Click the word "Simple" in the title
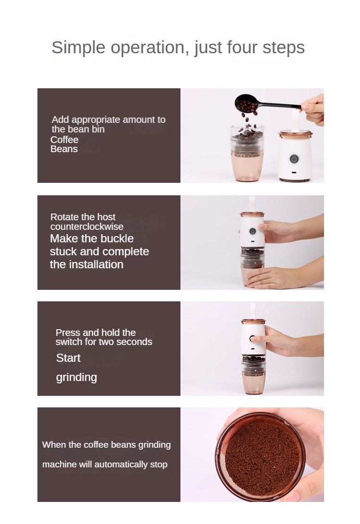[x=78, y=48]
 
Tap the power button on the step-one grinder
[x=294, y=159]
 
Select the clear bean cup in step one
[x=247, y=153]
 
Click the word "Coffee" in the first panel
[x=64, y=140]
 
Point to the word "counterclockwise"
[x=87, y=226]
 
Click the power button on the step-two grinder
[x=252, y=231]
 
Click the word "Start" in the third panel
[x=68, y=358]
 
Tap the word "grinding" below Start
[x=76, y=377]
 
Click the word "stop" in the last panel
[x=159, y=465]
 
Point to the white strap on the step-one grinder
[x=296, y=120]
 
